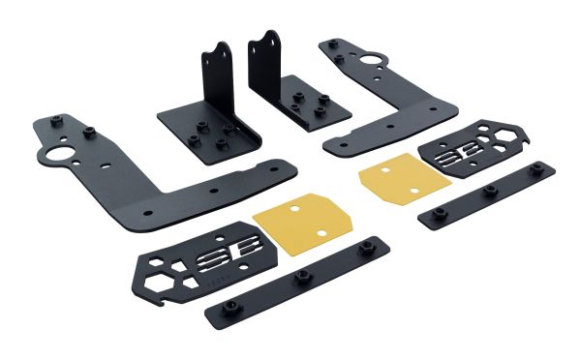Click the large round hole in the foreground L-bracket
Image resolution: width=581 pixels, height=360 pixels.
click(54, 154)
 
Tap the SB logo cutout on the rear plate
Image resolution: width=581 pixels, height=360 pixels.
click(456, 155)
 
